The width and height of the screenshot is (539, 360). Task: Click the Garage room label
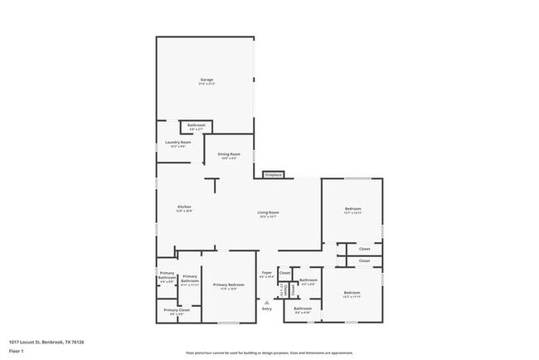click(206, 80)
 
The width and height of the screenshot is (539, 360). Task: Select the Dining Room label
click(229, 154)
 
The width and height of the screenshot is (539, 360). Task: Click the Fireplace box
click(274, 175)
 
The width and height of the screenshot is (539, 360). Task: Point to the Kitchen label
click(184, 207)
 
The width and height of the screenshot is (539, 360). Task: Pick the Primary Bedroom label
click(228, 285)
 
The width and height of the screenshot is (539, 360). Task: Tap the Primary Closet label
click(177, 311)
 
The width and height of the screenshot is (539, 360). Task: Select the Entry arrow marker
click(267, 303)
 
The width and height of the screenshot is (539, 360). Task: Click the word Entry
click(267, 309)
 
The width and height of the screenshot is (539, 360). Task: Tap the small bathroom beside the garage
click(197, 126)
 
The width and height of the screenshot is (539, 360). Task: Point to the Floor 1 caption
click(17, 351)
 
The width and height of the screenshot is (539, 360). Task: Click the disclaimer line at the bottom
click(269, 353)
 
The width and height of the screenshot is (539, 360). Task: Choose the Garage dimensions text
click(206, 85)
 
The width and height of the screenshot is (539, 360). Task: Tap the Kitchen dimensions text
click(184, 212)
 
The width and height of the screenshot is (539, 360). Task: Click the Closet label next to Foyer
click(284, 272)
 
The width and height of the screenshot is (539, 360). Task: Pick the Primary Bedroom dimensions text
click(228, 289)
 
